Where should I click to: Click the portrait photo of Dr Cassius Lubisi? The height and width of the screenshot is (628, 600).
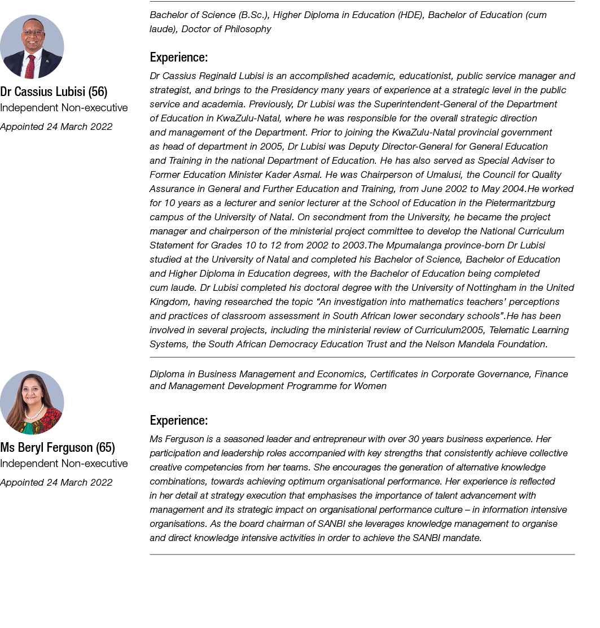point(32,46)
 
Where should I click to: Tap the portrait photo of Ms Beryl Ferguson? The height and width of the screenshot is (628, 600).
point(32,402)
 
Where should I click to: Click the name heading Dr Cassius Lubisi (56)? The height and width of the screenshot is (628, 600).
point(54,91)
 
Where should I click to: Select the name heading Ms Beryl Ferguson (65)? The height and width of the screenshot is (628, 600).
point(58,447)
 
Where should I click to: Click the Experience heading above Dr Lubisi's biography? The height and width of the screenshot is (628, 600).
point(178,57)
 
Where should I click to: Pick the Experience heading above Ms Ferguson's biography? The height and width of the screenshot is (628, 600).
point(178,420)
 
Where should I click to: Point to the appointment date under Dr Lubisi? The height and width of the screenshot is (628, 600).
point(56,127)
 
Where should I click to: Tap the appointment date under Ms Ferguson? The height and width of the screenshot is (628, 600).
point(56,482)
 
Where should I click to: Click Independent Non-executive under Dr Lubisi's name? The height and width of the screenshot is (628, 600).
point(64,107)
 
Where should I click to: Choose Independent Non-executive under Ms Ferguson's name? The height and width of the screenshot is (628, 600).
point(64,463)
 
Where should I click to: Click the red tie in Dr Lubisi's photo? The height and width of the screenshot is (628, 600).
point(30,66)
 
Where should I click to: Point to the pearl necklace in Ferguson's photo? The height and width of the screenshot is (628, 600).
point(33,414)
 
